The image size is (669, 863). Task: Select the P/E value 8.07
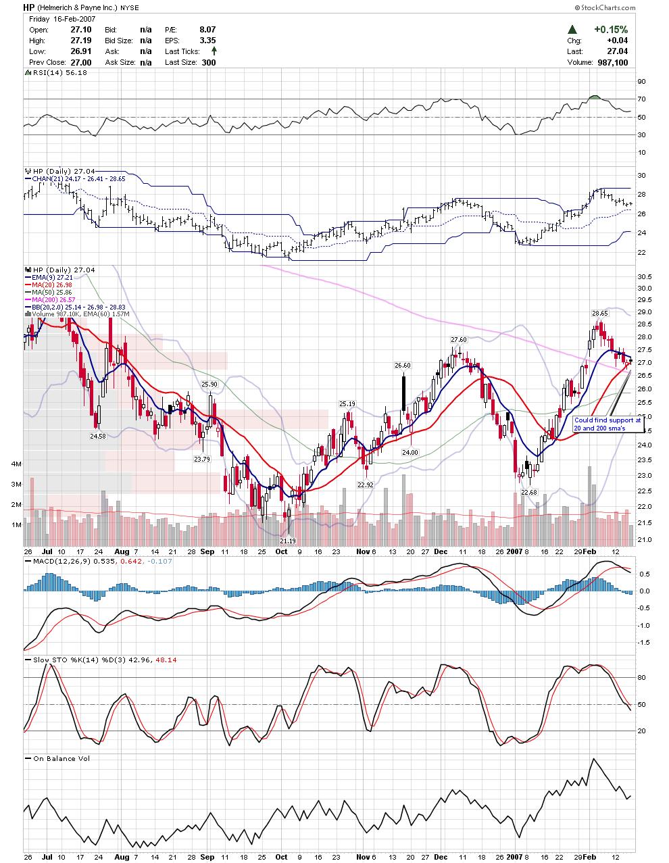pos(207,30)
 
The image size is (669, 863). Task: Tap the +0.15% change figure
pos(611,30)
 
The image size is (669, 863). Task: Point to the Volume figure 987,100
pos(613,62)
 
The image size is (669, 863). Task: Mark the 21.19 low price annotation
pos(288,541)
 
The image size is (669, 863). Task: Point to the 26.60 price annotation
pos(403,365)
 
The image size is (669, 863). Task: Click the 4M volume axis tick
pos(16,464)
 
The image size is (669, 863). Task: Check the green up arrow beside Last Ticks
pos(214,51)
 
